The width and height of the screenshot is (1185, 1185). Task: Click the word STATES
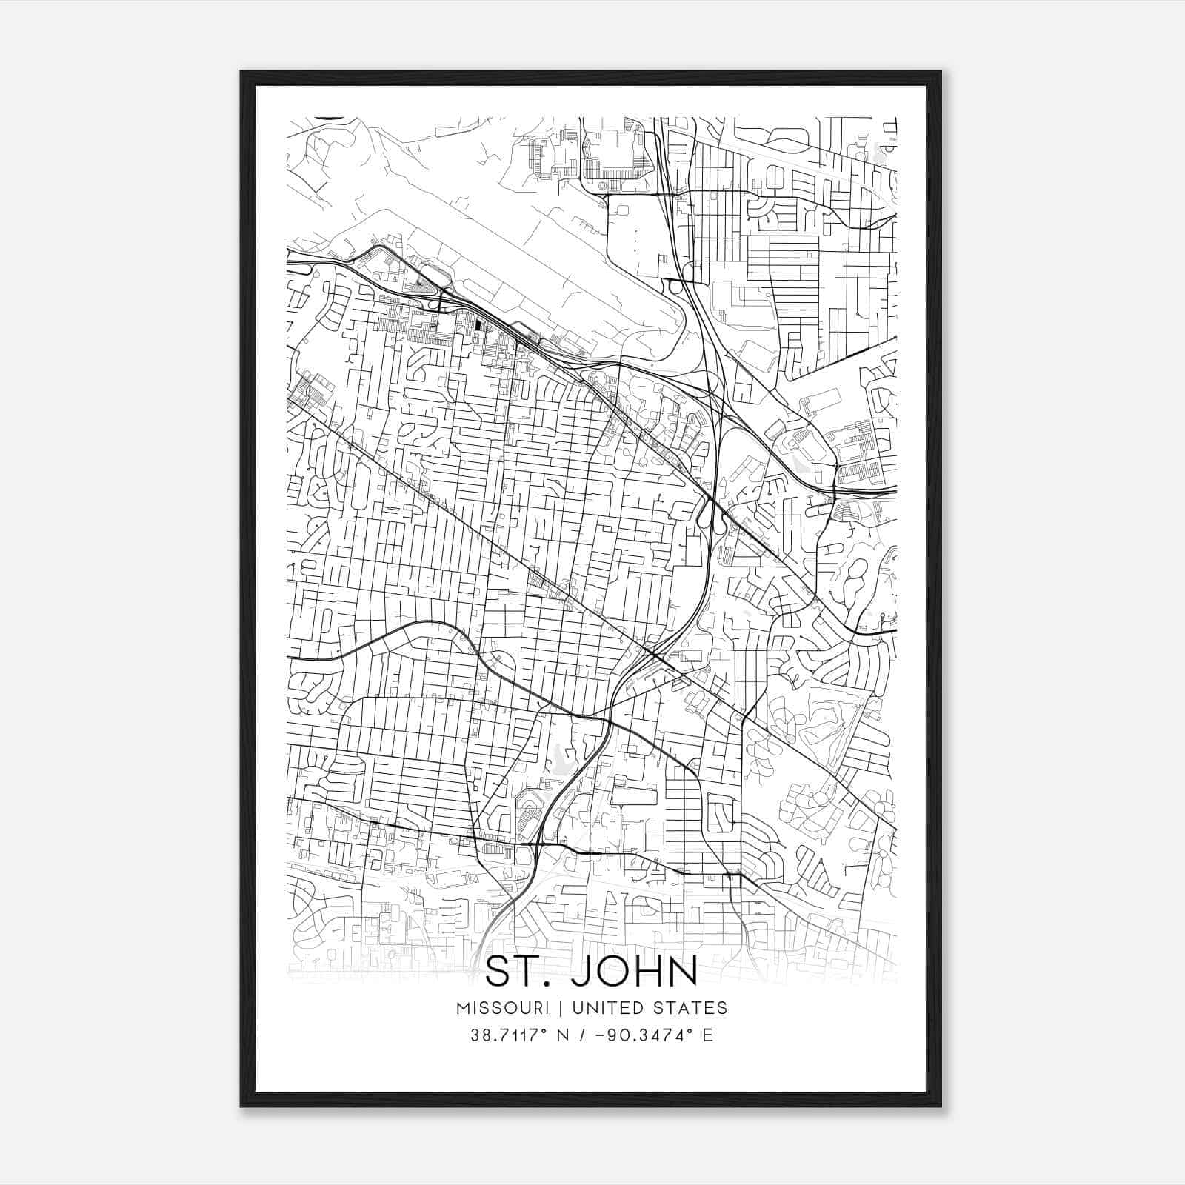tap(693, 1008)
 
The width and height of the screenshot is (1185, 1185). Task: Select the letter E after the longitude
tap(708, 1035)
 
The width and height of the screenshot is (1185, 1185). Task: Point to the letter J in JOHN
tap(579, 972)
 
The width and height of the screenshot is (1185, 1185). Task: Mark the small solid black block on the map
tap(478, 324)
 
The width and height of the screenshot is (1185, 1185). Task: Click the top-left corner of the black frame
tap(241, 72)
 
